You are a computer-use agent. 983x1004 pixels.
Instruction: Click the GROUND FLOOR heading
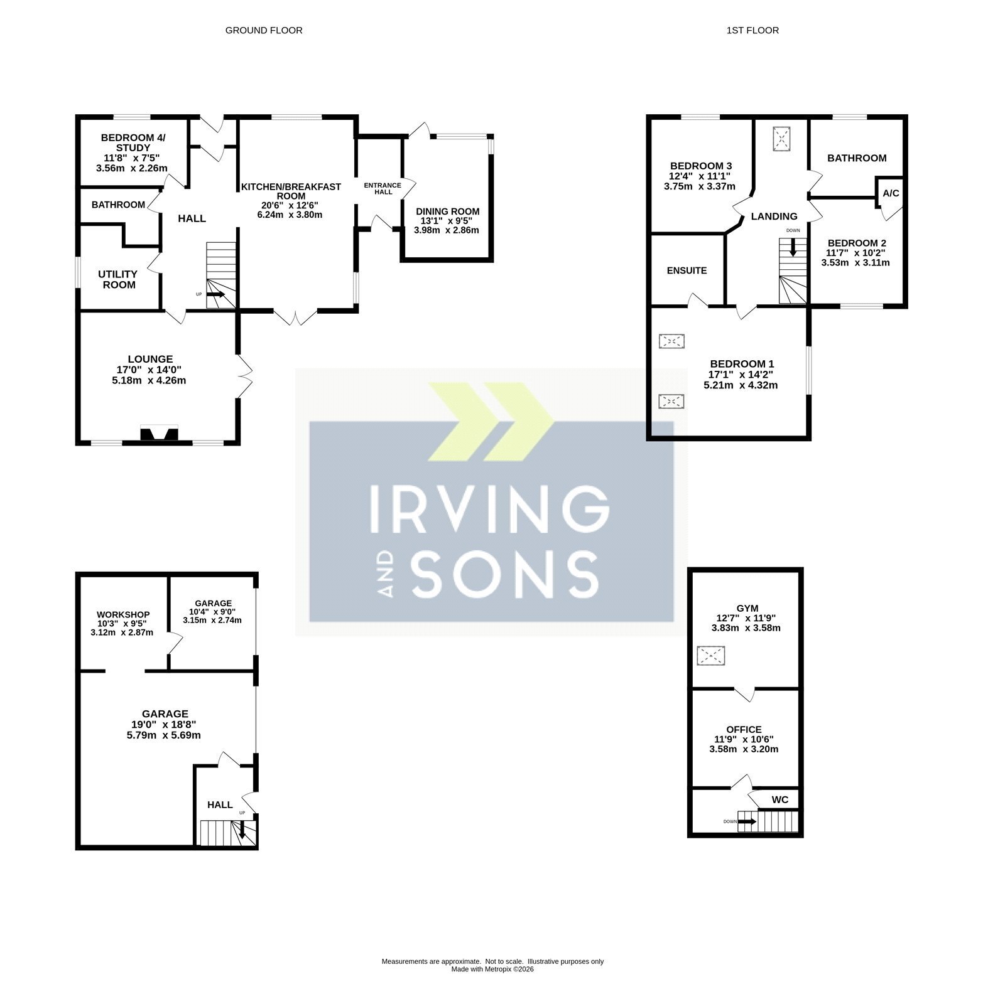point(264,30)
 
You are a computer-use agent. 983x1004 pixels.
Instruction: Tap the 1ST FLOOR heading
point(752,30)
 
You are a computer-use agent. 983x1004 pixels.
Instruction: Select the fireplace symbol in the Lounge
point(159,434)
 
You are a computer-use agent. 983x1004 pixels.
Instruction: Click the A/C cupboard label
point(891,193)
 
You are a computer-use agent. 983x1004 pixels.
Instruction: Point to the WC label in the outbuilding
point(780,799)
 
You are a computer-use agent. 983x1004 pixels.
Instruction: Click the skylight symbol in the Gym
point(710,656)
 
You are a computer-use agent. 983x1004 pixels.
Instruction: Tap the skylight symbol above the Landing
point(782,138)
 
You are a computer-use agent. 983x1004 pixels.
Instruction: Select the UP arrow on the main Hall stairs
point(215,294)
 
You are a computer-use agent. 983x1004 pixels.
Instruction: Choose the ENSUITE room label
point(687,270)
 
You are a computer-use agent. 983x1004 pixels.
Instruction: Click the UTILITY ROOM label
point(117,279)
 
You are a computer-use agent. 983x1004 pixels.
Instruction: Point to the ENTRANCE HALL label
point(383,188)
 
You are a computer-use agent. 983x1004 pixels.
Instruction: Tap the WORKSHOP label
point(123,614)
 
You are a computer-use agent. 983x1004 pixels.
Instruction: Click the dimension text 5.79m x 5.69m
point(163,735)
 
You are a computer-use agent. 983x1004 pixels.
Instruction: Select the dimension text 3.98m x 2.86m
point(447,230)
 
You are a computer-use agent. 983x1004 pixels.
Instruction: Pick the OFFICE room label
point(744,729)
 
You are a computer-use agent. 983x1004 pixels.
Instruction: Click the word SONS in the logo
point(504,574)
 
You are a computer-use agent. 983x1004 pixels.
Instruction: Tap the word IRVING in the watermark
point(490,509)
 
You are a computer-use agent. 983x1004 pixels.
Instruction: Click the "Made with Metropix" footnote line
point(492,969)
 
